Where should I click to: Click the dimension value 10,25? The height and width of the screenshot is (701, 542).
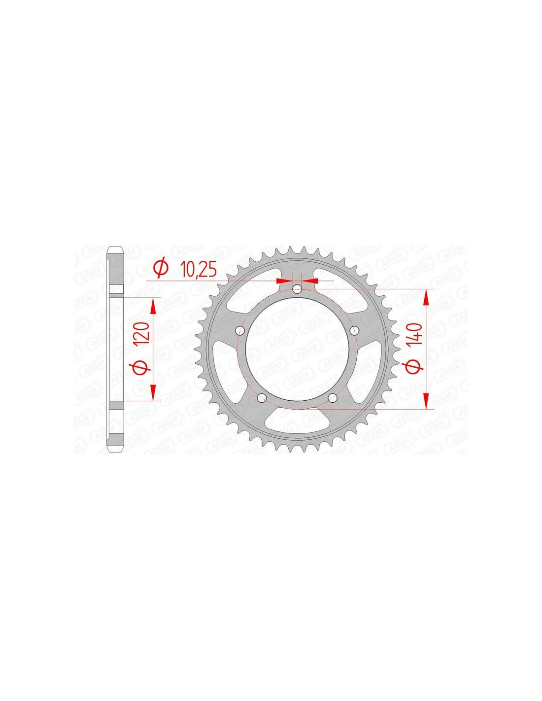[x=198, y=270]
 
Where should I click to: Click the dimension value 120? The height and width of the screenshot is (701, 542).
[x=142, y=332]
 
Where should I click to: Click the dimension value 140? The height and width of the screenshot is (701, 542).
[x=416, y=334]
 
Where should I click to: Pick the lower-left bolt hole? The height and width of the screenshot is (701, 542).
[x=262, y=397]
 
